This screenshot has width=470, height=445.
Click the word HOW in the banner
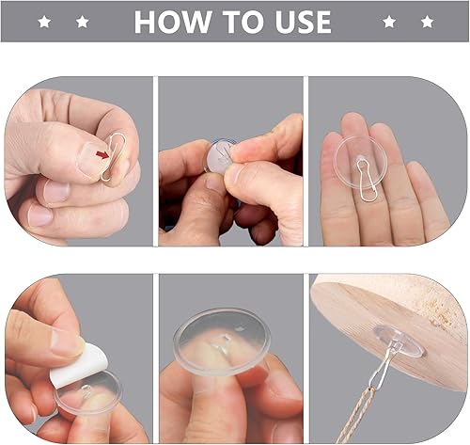click(172, 22)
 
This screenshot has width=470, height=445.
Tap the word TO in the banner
click(243, 22)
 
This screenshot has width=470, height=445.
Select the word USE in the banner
click(304, 22)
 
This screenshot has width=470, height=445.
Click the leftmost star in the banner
click(44, 22)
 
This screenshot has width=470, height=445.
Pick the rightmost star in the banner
click(427, 22)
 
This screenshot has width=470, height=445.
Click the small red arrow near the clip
click(102, 154)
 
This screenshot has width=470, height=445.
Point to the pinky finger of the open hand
click(430, 200)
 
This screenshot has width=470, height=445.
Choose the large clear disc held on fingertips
click(222, 342)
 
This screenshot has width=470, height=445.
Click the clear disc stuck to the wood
click(399, 341)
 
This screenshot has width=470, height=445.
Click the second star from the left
click(82, 22)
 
